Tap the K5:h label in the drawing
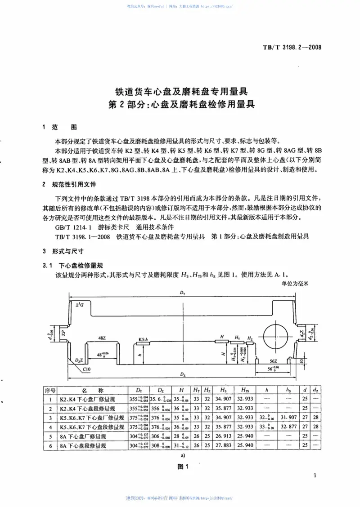(144, 338)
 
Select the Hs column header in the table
(223, 389)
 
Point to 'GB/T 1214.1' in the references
(72, 227)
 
